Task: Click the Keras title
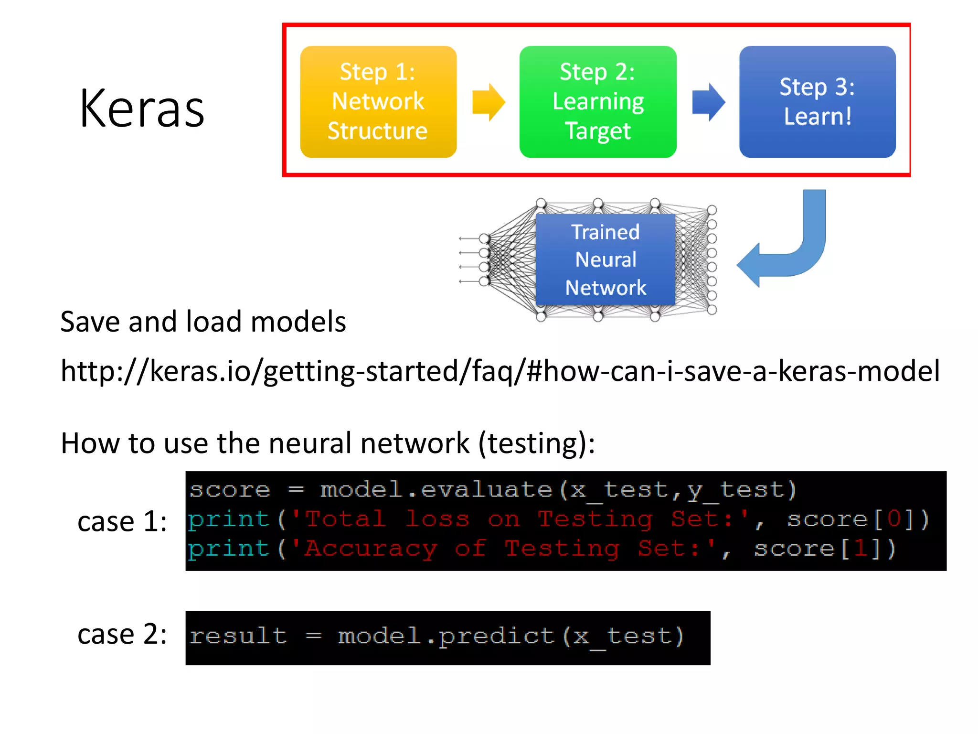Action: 142,109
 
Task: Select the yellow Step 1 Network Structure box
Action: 378,102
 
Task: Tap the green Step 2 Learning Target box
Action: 598,102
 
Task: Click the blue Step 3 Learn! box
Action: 817,102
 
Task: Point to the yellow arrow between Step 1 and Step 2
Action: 488,102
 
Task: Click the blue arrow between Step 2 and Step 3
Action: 708,102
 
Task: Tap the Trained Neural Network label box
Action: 605,259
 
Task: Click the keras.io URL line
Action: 500,371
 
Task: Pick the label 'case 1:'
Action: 122,521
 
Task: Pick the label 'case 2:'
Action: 122,635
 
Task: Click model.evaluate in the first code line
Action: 436,490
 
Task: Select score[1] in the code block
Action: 824,549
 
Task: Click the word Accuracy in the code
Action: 371,549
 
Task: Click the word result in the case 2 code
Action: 238,636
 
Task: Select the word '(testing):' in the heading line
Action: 537,443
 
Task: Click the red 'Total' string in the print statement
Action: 345,519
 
